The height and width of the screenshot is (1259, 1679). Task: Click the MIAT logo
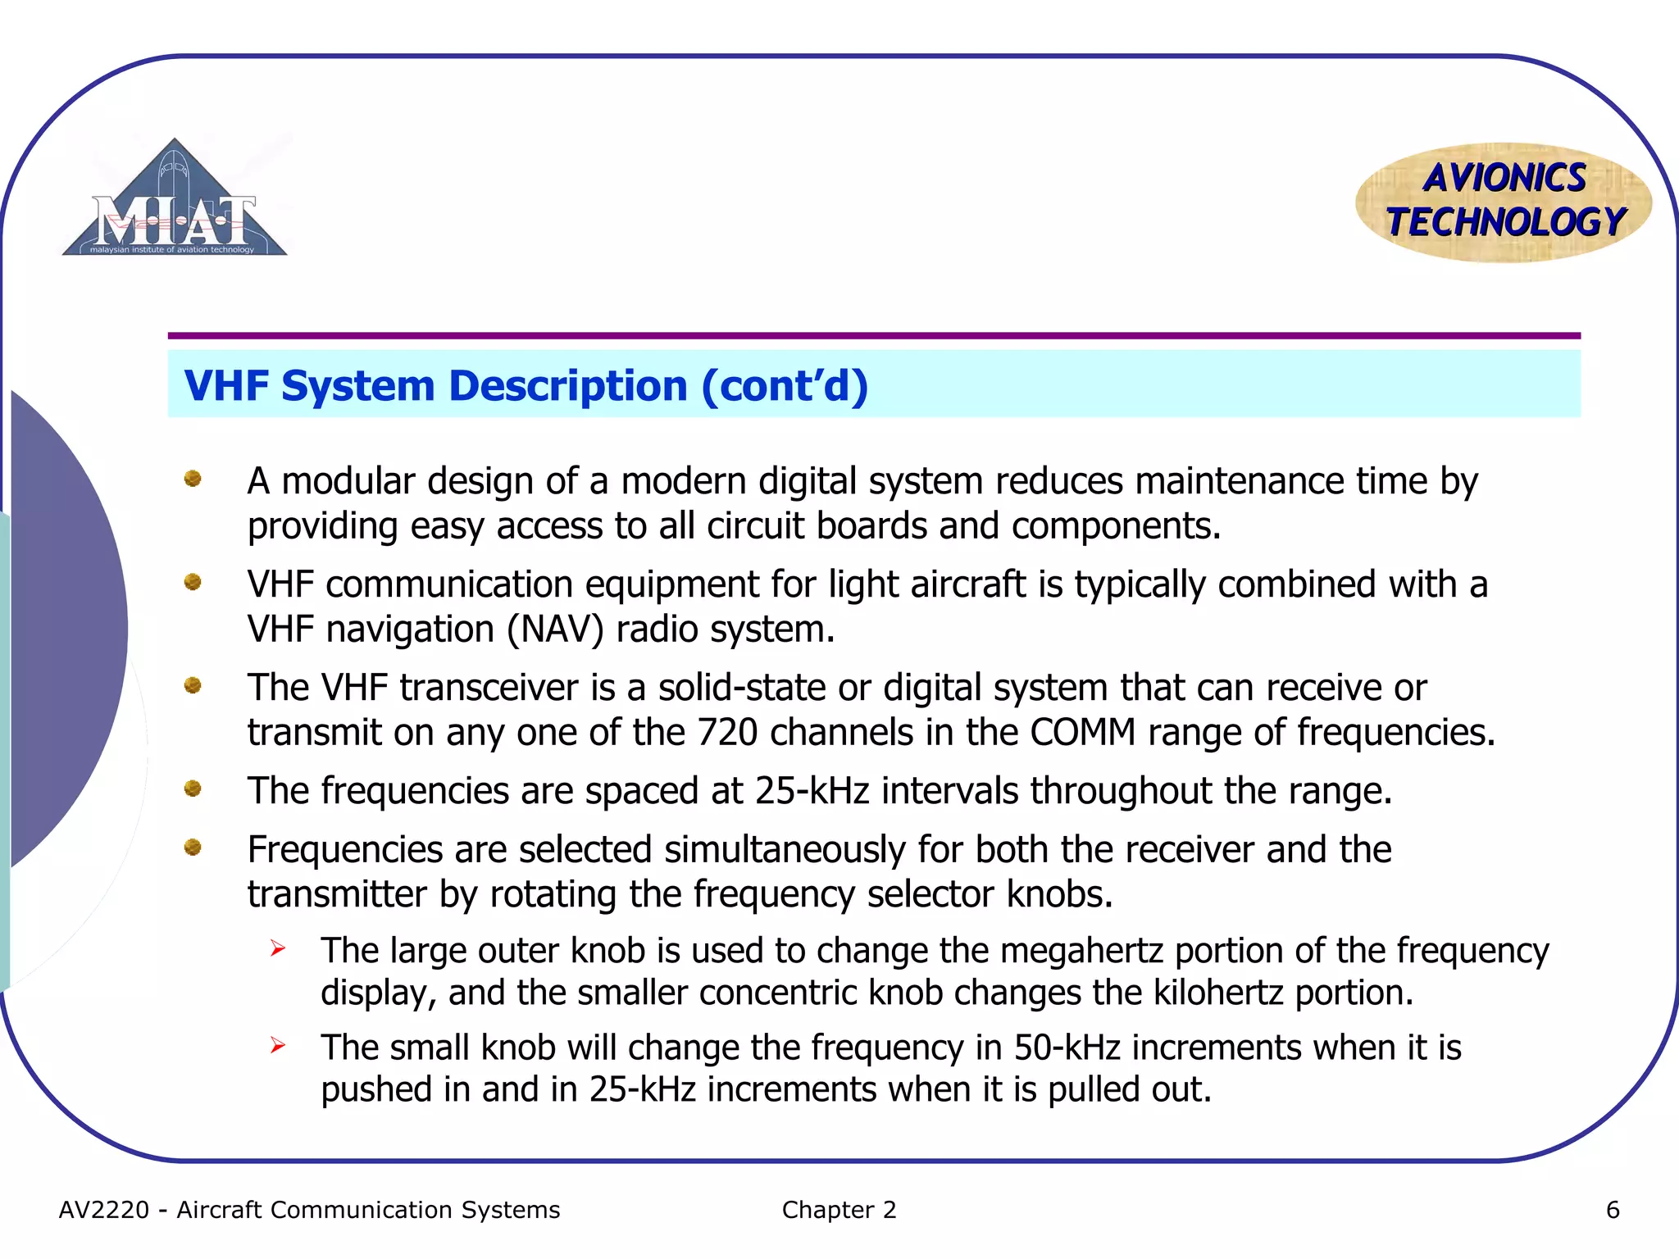[x=174, y=201]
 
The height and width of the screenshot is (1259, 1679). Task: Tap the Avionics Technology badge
[x=1504, y=202]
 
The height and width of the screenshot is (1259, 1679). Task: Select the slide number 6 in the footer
[x=1613, y=1210]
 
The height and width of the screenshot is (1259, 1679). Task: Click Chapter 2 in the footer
[x=839, y=1210]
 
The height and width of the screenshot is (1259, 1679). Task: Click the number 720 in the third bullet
[x=727, y=733]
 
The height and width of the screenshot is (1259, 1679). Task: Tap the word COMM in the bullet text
[x=1082, y=733]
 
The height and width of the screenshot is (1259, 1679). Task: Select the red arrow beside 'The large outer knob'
[x=278, y=949]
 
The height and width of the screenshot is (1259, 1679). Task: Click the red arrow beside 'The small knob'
[x=278, y=1046]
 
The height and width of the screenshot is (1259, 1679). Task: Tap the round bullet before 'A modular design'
[x=193, y=479]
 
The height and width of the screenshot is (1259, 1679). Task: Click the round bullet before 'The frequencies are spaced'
[x=193, y=789]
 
